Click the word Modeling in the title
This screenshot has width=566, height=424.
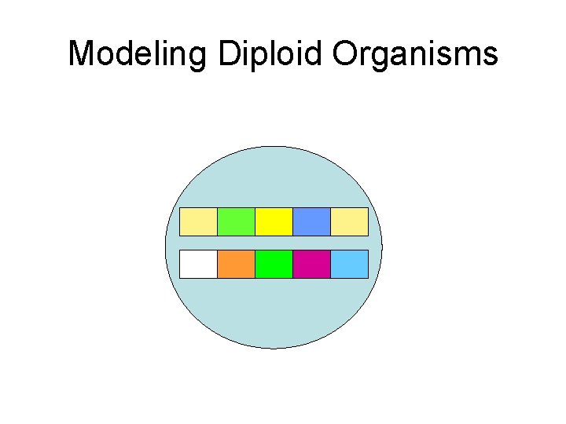click(x=138, y=54)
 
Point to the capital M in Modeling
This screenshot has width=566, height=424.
click(x=81, y=54)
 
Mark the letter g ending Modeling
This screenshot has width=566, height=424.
click(x=199, y=57)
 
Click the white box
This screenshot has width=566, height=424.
click(x=198, y=264)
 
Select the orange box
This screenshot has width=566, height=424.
click(x=236, y=264)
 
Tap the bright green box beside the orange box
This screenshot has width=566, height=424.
click(x=274, y=264)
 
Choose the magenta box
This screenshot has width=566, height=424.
click(x=311, y=264)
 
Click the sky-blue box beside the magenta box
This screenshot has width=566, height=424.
click(x=349, y=264)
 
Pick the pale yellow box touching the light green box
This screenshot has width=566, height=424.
click(x=198, y=222)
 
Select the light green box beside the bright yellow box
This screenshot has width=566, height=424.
click(x=236, y=222)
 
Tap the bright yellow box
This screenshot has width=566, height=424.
click(x=274, y=222)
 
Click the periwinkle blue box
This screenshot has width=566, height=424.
click(x=311, y=222)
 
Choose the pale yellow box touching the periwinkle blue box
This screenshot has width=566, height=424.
click(x=349, y=222)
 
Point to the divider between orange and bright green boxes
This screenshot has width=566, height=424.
click(x=255, y=264)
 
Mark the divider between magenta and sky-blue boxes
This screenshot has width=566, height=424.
click(x=330, y=264)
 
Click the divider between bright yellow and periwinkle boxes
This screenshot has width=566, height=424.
click(x=292, y=222)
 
